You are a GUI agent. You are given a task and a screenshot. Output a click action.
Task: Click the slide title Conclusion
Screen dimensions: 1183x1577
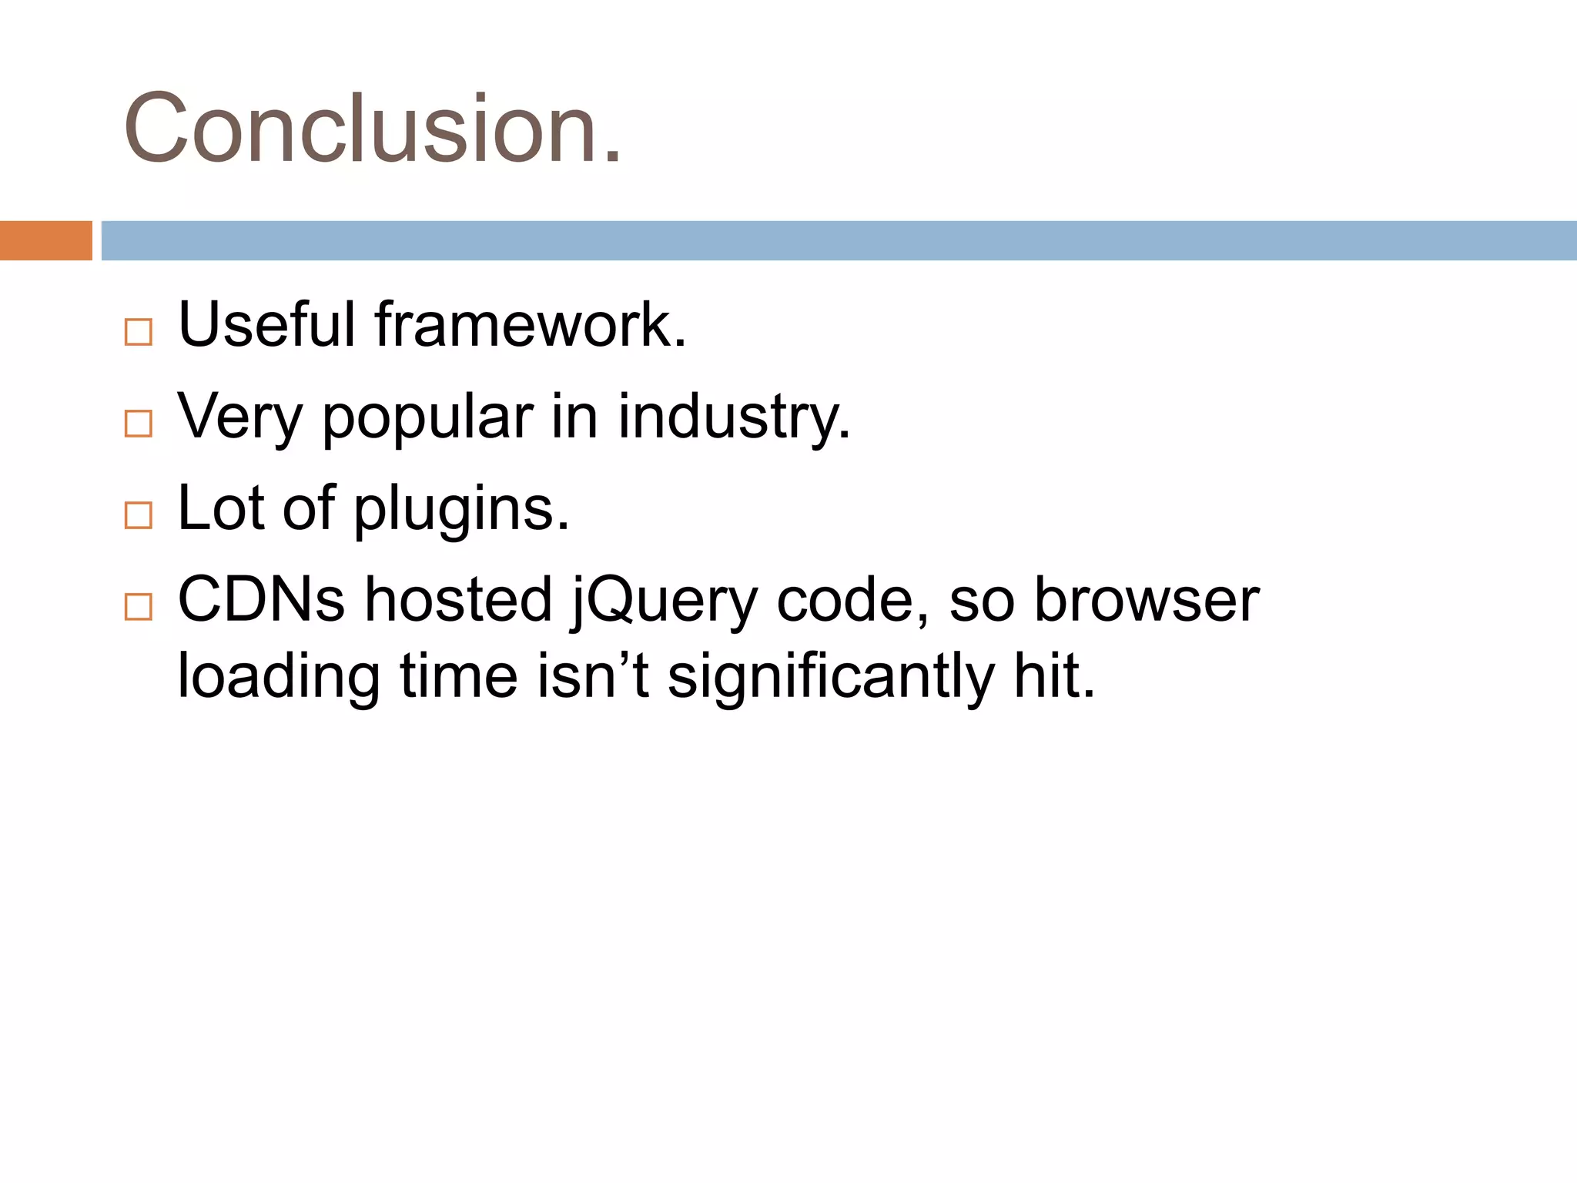tap(372, 129)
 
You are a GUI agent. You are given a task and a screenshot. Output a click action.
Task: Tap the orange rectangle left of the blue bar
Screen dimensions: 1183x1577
tap(45, 240)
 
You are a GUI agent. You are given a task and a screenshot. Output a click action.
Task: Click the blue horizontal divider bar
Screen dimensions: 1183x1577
tap(838, 240)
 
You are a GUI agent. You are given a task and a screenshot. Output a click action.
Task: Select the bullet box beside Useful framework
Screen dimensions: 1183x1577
tap(139, 332)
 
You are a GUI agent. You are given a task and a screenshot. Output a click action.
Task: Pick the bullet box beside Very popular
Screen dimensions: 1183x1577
tap(139, 424)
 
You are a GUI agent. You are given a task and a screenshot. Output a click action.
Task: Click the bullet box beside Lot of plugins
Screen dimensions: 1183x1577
tap(139, 515)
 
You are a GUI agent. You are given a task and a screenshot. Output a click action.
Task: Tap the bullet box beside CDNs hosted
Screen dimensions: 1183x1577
tap(139, 607)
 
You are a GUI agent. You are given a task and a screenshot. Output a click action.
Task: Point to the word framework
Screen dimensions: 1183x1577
tap(530, 324)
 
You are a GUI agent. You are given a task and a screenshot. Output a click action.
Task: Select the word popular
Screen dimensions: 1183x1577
tap(427, 418)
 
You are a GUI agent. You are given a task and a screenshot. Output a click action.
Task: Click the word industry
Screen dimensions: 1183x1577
tap(733, 418)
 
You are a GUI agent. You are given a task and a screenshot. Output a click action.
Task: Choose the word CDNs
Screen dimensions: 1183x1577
tap(261, 599)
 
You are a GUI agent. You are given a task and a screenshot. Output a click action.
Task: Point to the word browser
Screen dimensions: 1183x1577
tap(1146, 599)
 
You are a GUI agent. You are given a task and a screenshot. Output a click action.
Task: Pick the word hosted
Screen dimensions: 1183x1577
tap(458, 599)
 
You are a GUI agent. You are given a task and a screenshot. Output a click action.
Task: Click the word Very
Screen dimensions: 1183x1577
tap(240, 418)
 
